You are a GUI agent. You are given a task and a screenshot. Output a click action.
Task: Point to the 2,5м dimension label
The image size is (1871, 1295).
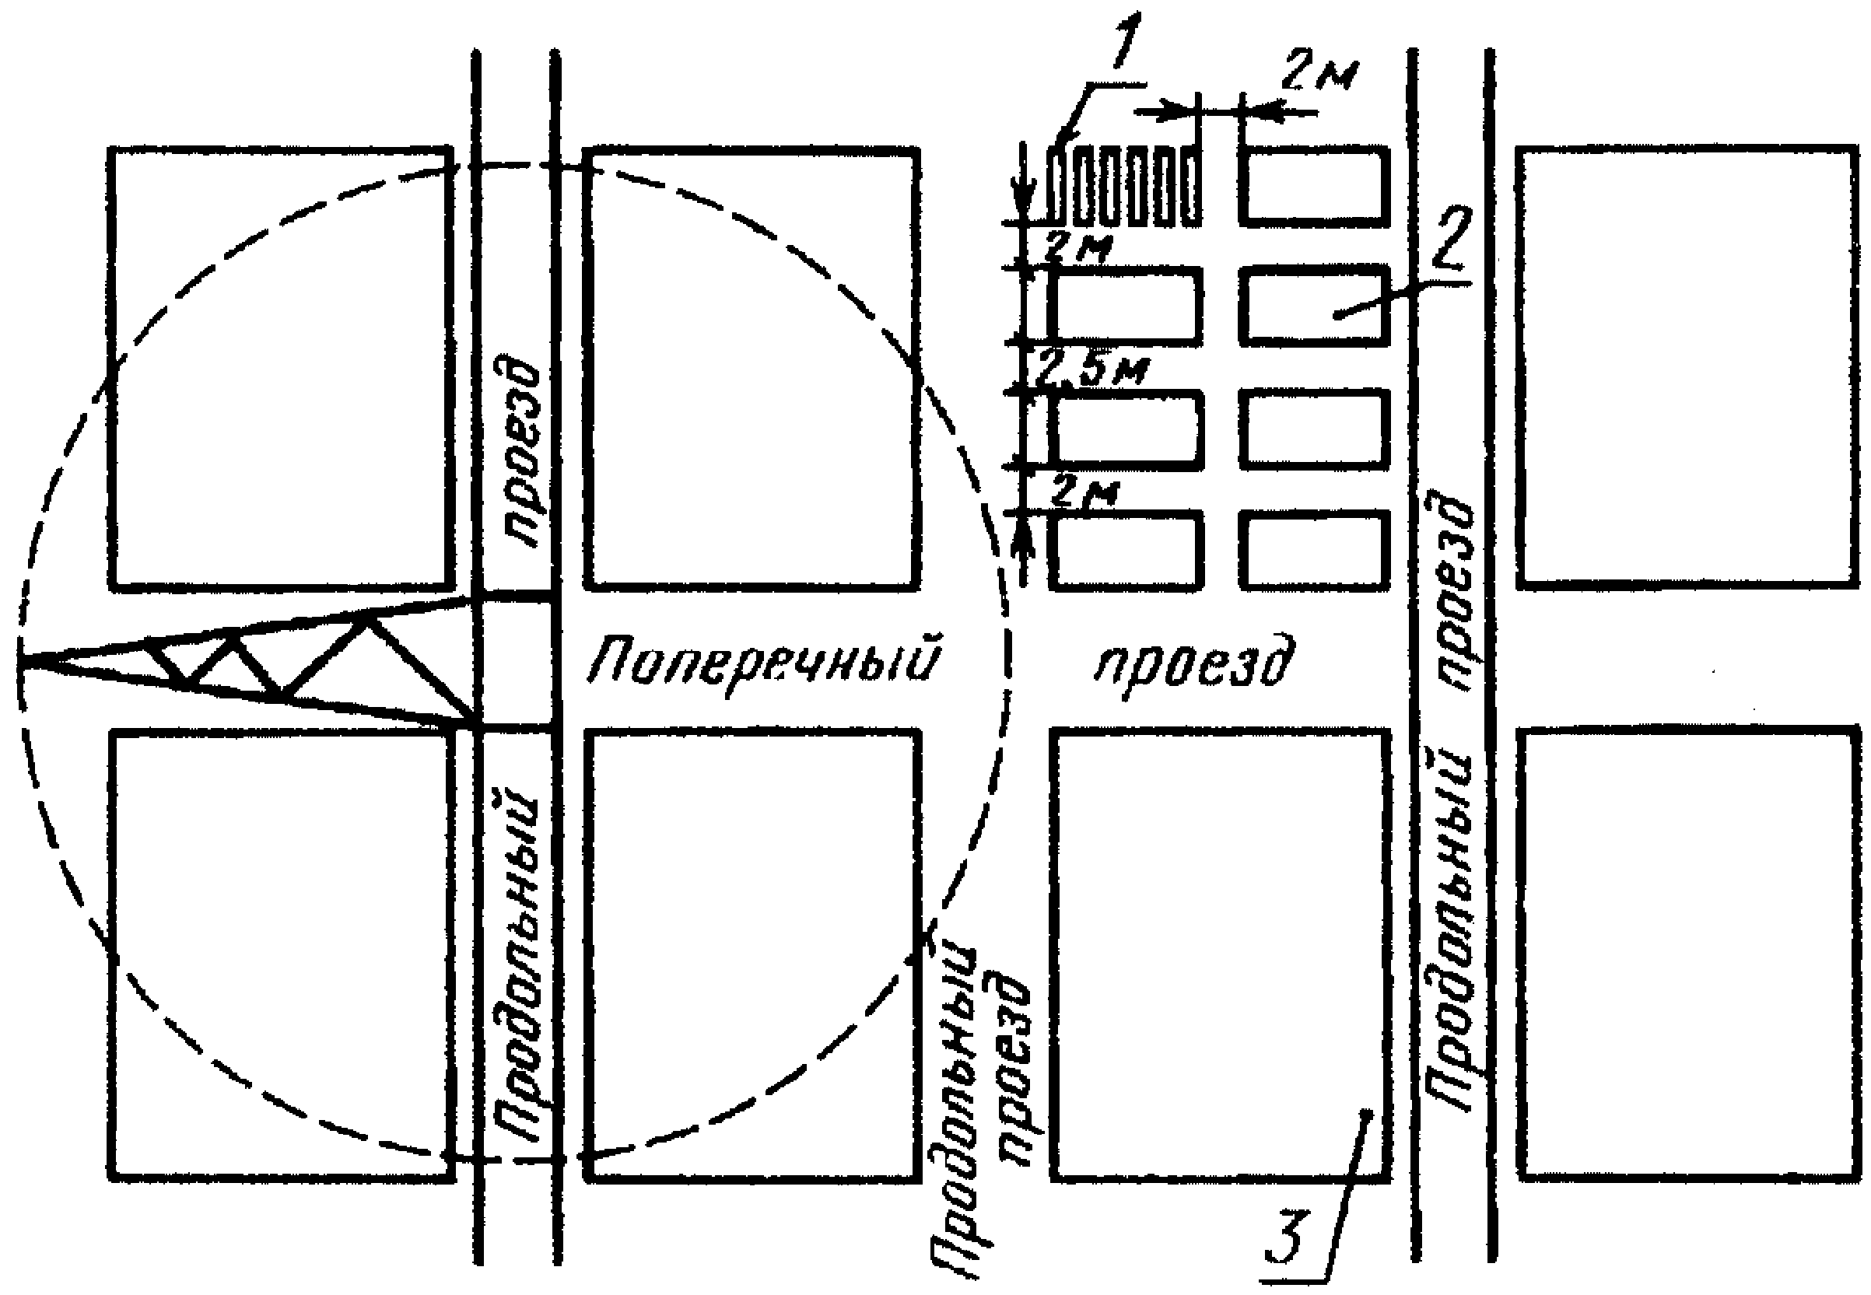pos(1092,370)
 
